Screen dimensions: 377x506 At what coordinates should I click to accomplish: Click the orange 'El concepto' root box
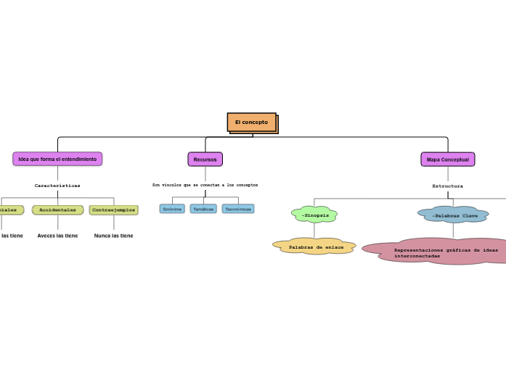251,122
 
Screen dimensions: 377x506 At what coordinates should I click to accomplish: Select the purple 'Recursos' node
205,159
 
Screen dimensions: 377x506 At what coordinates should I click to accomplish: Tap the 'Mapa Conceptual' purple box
447,159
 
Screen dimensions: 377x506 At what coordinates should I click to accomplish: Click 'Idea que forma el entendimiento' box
57,159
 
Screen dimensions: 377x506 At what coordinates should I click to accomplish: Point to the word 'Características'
57,186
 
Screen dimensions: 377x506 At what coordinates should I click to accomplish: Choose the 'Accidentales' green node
57,210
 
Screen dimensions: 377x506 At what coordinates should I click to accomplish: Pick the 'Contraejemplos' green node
113,210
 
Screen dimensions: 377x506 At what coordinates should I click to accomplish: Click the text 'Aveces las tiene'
57,236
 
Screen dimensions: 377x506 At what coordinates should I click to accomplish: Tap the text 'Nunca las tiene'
113,236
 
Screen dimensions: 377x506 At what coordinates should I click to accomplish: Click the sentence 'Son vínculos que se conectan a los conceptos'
205,185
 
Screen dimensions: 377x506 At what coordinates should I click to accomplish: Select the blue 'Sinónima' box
172,209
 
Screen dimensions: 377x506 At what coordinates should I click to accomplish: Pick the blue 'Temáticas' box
203,209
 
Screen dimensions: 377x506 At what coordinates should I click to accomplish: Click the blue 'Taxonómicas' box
238,209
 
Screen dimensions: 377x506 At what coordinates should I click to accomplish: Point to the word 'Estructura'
447,186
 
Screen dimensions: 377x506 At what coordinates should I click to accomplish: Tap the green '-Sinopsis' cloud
315,215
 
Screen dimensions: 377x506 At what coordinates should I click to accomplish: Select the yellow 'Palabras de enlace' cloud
315,247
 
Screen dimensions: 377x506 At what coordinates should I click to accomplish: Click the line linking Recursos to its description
205,174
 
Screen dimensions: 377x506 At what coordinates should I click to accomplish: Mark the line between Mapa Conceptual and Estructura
447,174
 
